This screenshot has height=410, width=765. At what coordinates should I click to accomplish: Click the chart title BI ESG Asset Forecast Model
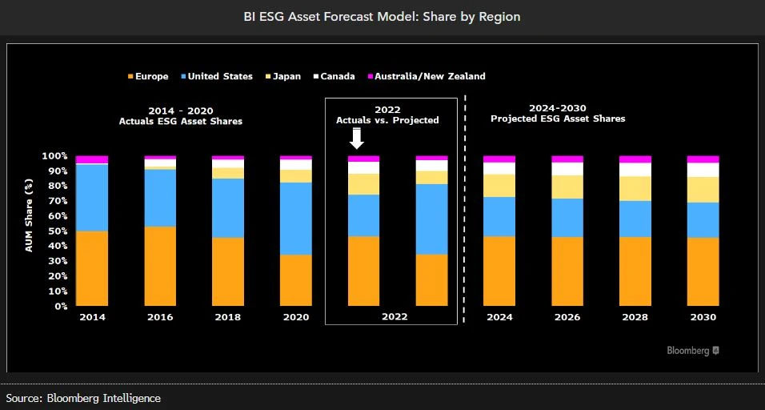click(x=382, y=16)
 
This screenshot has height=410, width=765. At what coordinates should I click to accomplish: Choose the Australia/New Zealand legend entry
click(x=426, y=76)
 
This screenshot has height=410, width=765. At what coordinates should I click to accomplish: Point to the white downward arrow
click(x=357, y=140)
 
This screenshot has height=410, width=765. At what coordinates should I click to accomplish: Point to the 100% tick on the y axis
click(x=54, y=156)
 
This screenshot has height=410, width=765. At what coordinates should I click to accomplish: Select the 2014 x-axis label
click(x=92, y=317)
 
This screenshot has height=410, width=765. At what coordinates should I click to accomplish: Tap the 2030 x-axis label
click(x=703, y=317)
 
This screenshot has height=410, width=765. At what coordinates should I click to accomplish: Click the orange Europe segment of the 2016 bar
click(x=160, y=266)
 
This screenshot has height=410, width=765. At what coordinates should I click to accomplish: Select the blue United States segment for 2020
click(x=296, y=219)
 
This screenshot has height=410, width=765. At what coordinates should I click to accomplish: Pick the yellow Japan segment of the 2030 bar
click(x=703, y=189)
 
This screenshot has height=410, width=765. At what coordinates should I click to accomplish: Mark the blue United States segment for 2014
click(x=92, y=198)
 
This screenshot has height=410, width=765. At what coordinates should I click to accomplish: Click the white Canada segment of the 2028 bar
click(x=635, y=169)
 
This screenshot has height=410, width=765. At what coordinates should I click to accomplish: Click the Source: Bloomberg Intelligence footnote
click(x=83, y=398)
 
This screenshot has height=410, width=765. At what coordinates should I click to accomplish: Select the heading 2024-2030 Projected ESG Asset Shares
click(x=557, y=113)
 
